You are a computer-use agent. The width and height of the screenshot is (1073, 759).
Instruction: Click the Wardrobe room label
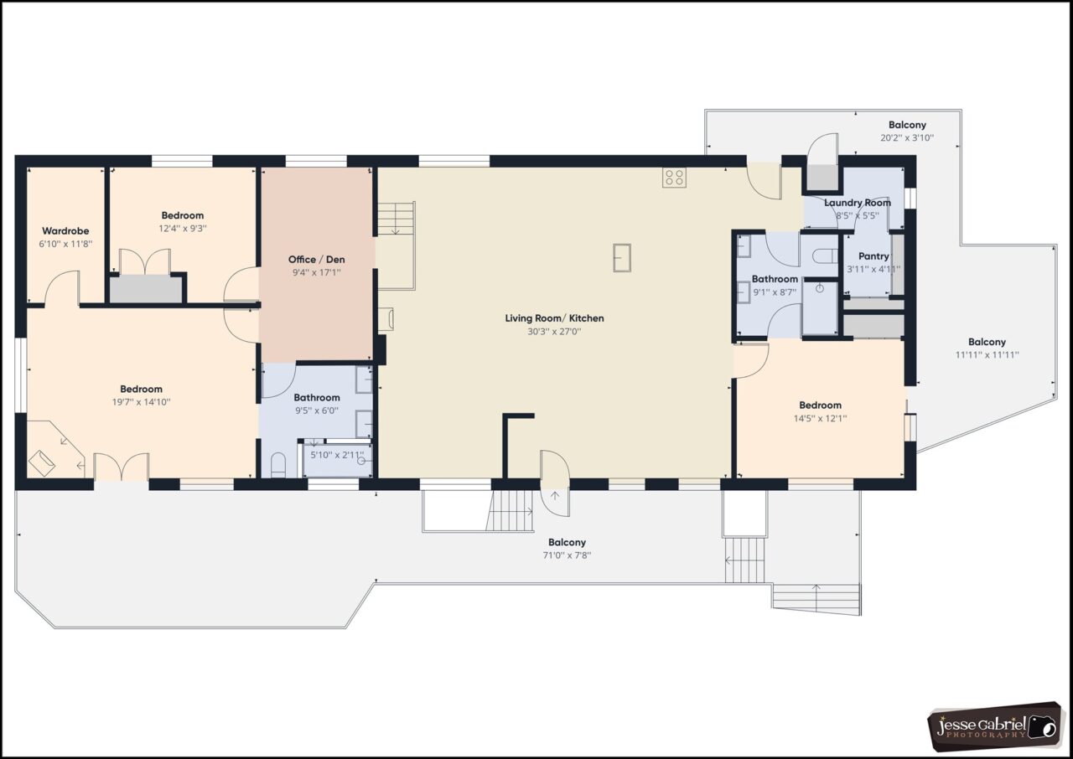pyautogui.click(x=65, y=230)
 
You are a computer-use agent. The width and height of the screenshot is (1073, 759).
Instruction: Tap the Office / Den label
pyautogui.click(x=317, y=260)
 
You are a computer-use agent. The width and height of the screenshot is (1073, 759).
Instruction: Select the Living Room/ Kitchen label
pyautogui.click(x=554, y=318)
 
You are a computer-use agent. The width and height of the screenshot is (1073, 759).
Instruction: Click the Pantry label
pyautogui.click(x=873, y=256)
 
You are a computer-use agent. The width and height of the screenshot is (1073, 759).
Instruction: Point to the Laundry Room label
pyautogui.click(x=858, y=203)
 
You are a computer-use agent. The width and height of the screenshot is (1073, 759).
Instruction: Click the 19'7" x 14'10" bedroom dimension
pyautogui.click(x=142, y=402)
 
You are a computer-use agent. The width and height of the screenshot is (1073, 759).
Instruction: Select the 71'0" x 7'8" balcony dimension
pyautogui.click(x=568, y=555)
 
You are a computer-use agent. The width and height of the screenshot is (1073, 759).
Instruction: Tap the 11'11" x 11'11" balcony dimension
pyautogui.click(x=987, y=354)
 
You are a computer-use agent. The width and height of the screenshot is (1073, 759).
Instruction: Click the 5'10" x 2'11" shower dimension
pyautogui.click(x=337, y=455)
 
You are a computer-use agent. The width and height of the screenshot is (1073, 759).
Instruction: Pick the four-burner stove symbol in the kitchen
pyautogui.click(x=675, y=178)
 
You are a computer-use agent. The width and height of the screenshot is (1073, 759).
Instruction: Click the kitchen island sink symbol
pyautogui.click(x=622, y=258)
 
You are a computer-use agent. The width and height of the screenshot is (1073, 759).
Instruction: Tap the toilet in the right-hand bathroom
pyautogui.click(x=825, y=256)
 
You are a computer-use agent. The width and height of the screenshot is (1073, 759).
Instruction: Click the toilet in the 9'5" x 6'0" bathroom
pyautogui.click(x=278, y=466)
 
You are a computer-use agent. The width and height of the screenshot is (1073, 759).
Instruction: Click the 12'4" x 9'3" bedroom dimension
pyautogui.click(x=183, y=228)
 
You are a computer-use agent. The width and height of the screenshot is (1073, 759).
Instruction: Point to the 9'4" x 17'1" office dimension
pyautogui.click(x=317, y=272)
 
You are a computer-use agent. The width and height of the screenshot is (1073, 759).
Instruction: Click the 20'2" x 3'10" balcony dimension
pyautogui.click(x=907, y=138)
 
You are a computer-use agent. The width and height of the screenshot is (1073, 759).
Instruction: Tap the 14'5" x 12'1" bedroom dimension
pyautogui.click(x=820, y=418)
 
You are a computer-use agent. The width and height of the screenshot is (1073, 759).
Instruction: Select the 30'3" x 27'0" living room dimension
pyautogui.click(x=554, y=331)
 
